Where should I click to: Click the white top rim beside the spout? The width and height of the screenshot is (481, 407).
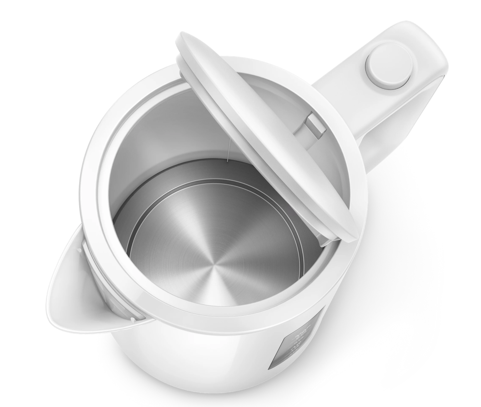point(100,206)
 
